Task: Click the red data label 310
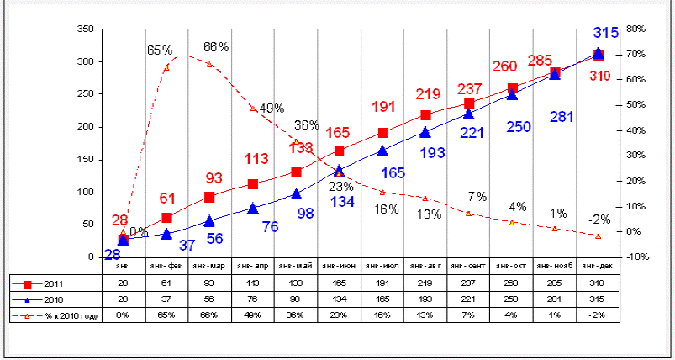[599, 76]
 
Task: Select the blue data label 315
[606, 33]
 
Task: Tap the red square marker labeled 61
[166, 218]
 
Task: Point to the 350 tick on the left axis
[84, 29]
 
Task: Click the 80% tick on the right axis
[635, 29]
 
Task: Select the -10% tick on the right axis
[635, 257]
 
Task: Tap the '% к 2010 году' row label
[59, 315]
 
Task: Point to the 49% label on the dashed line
[272, 109]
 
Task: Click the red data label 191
[383, 108]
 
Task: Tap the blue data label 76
[270, 226]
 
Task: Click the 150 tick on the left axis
[84, 160]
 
